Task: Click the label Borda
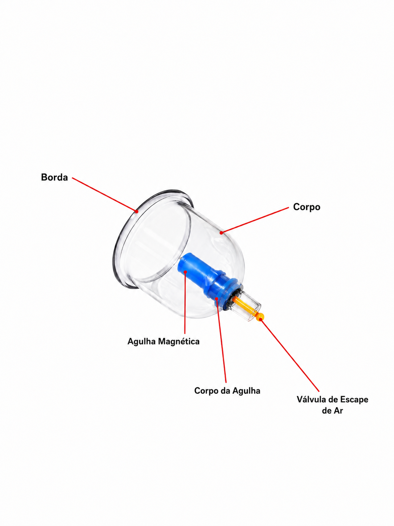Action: click(x=54, y=177)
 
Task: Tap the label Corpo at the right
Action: click(x=307, y=207)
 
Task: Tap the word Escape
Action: click(x=354, y=400)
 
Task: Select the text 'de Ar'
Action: click(x=333, y=411)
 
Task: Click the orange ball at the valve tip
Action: click(x=260, y=317)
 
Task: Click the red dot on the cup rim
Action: click(x=137, y=211)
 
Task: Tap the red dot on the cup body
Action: click(x=221, y=233)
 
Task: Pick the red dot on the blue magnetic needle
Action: click(x=185, y=272)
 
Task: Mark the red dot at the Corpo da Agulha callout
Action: click(x=217, y=299)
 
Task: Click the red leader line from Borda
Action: click(x=104, y=195)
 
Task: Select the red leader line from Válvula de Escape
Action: click(x=290, y=355)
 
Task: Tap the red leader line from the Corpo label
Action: click(x=255, y=220)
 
